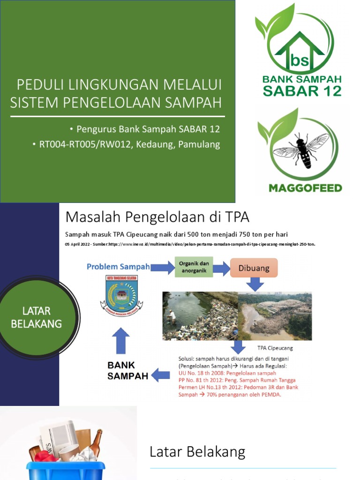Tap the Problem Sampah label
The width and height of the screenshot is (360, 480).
pos(118,267)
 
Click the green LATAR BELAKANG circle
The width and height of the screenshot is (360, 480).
pos(37,317)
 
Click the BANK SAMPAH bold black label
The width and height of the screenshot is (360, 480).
pos(127,370)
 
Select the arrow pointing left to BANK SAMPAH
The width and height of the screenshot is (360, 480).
pos(161,375)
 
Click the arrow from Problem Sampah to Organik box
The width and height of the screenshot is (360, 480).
pos(162,267)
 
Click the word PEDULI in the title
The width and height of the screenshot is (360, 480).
pos(39,85)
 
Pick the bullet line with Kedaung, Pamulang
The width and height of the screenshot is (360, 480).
pos(126,144)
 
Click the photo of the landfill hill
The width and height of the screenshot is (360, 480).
pos(275,316)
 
